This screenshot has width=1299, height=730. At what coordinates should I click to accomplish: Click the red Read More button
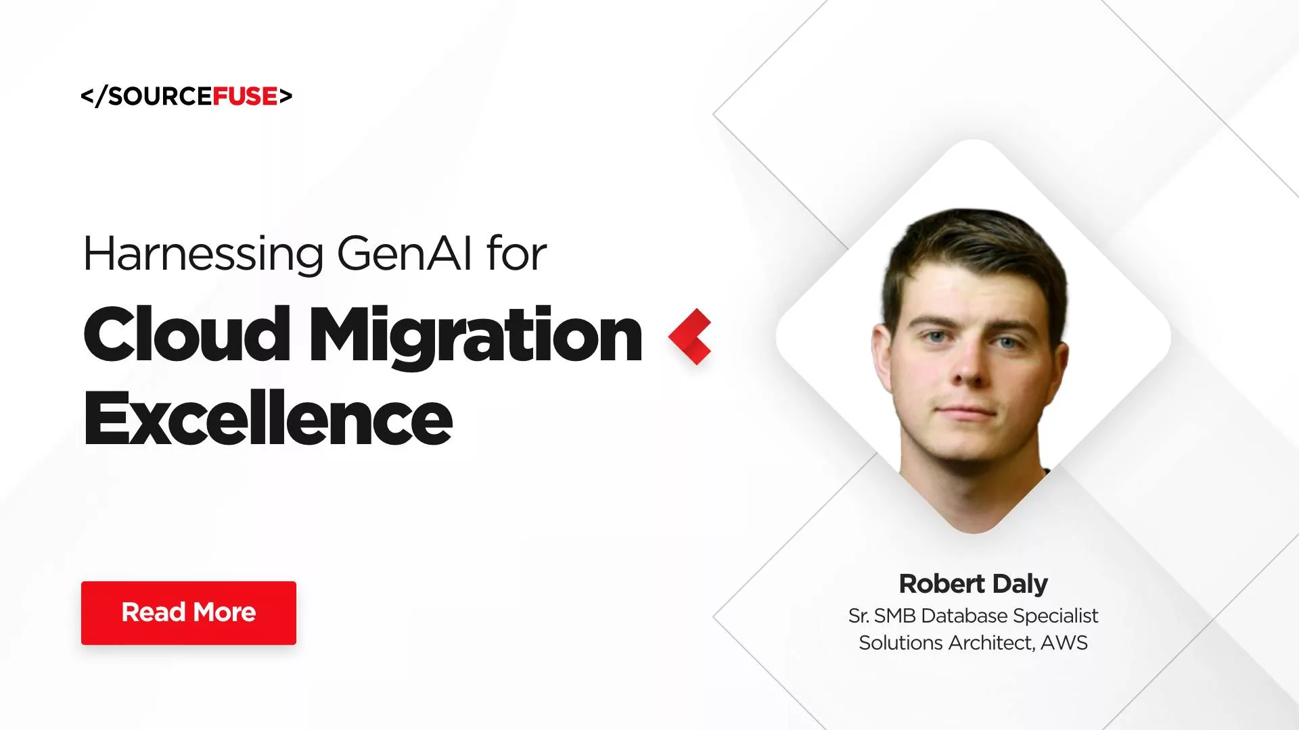tap(188, 612)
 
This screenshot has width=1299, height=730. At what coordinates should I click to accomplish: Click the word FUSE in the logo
tap(245, 97)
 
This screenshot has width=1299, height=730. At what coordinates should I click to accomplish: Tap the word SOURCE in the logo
tap(160, 97)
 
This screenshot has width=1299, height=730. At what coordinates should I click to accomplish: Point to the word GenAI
tap(404, 254)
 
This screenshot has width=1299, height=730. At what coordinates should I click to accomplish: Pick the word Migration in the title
tap(475, 336)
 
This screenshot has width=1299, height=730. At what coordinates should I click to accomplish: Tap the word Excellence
tap(268, 419)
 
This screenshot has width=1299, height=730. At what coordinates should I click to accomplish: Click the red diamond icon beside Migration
tap(690, 336)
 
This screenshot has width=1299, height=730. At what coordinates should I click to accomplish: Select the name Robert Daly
tap(973, 583)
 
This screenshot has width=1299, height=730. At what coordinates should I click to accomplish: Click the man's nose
tap(968, 366)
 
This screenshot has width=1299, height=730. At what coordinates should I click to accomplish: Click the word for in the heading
tap(516, 254)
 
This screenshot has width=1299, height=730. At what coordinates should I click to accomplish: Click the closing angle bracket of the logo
tap(286, 97)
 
